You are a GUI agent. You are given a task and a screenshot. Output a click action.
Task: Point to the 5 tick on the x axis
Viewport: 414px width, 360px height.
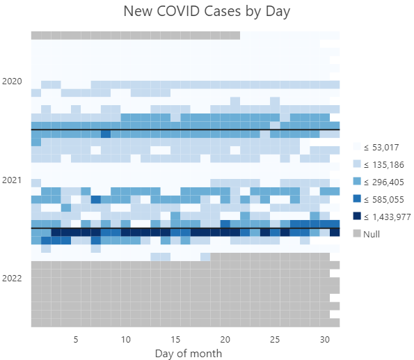[x=76, y=339]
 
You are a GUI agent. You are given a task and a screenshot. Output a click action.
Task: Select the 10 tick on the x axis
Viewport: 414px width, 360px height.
[x=125, y=339]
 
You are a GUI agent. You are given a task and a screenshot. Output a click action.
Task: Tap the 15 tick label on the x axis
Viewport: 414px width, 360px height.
[x=175, y=339]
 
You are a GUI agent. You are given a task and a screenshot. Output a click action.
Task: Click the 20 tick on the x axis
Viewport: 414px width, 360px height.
[x=225, y=339]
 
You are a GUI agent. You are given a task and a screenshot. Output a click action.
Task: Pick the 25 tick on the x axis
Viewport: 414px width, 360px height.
[x=275, y=339]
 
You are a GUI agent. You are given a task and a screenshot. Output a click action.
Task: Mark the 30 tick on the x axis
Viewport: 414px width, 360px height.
[x=324, y=339]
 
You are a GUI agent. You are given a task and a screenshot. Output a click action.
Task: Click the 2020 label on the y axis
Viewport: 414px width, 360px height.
[x=12, y=81]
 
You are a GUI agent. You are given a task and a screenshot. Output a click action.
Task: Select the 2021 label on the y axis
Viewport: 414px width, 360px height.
[x=12, y=180]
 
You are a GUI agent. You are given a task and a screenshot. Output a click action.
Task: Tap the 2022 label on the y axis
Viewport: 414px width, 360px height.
[x=12, y=279]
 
